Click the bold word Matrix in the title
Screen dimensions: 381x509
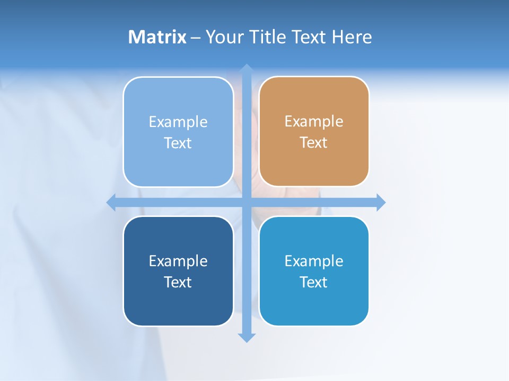click(157, 37)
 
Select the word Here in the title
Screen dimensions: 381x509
click(352, 37)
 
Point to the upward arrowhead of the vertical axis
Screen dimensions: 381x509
click(247, 68)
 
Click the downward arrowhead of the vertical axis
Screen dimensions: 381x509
click(247, 338)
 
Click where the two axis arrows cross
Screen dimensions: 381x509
click(247, 203)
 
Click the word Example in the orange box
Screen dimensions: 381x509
click(314, 122)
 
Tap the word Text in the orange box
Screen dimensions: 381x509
click(314, 143)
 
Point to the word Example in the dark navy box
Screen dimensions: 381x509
click(178, 261)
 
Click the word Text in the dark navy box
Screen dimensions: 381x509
click(178, 282)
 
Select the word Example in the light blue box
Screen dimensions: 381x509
click(178, 122)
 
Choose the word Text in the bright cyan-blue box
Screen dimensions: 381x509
click(314, 282)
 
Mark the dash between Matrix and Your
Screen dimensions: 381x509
click(196, 38)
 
